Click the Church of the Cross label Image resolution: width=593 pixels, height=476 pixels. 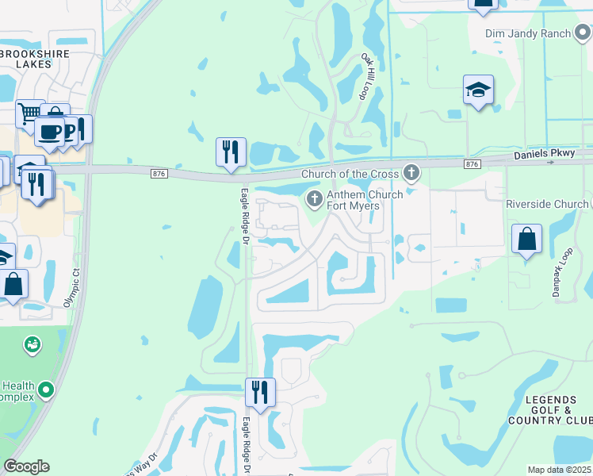tap(349, 174)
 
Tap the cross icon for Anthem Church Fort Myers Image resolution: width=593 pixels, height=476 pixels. tap(315, 198)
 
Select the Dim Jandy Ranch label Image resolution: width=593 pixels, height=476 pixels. tap(529, 33)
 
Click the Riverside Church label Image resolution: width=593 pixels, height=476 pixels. tap(547, 204)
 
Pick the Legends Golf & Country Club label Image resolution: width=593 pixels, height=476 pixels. tap(553, 409)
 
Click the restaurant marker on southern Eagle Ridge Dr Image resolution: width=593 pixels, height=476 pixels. tap(259, 392)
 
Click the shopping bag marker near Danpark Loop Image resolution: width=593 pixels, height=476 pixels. tap(526, 239)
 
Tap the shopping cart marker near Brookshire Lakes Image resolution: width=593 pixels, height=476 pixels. tap(29, 113)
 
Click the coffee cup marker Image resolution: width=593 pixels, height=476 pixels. tap(50, 132)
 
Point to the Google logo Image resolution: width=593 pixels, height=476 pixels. tap(26, 466)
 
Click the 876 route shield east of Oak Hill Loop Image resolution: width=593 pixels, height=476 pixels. tap(472, 163)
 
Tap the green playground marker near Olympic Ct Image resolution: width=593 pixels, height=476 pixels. tap(33, 344)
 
